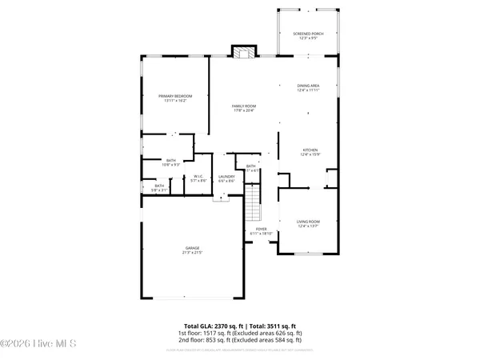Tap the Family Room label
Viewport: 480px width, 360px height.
point(244,106)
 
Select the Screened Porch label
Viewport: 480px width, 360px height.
point(308,34)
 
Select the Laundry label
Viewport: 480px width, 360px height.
point(226,176)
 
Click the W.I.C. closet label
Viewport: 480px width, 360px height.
point(200,176)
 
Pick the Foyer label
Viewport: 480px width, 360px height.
point(261,229)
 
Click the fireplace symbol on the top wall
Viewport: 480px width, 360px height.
point(242,52)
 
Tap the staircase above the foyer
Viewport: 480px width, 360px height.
point(253,203)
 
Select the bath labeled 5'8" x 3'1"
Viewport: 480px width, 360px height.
point(160,190)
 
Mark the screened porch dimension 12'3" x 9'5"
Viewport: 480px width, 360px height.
point(308,38)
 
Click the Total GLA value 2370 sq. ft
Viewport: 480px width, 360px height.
point(217,326)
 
